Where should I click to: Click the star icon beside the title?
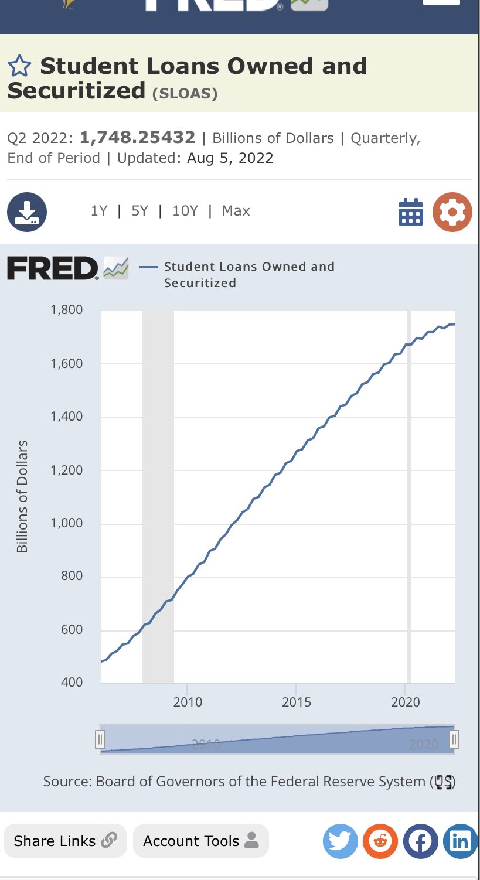pyautogui.click(x=19, y=66)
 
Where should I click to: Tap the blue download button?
pyautogui.click(x=27, y=212)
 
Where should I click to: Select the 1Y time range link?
pyautogui.click(x=99, y=211)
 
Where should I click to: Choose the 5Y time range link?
pyautogui.click(x=139, y=211)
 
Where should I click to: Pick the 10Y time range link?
pyautogui.click(x=185, y=211)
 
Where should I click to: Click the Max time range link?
pyautogui.click(x=236, y=211)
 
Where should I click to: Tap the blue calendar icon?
pyautogui.click(x=410, y=212)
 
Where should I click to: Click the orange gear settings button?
pyautogui.click(x=452, y=212)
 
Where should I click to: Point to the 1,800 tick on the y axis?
pyautogui.click(x=66, y=309)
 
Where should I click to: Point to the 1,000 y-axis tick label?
pyautogui.click(x=66, y=523)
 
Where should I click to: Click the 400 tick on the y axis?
pyautogui.click(x=72, y=682)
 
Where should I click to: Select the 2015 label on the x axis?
pyautogui.click(x=297, y=701)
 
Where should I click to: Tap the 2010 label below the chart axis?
pyautogui.click(x=188, y=701)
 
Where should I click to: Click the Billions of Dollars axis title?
pyautogui.click(x=22, y=497)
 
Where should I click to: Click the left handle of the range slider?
pyautogui.click(x=100, y=740)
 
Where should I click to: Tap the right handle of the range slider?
pyautogui.click(x=454, y=740)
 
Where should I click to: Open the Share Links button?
pyautogui.click(x=65, y=841)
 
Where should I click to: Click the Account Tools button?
pyautogui.click(x=200, y=841)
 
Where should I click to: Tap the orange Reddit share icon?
pyautogui.click(x=380, y=841)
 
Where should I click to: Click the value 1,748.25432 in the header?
pyautogui.click(x=137, y=138)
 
